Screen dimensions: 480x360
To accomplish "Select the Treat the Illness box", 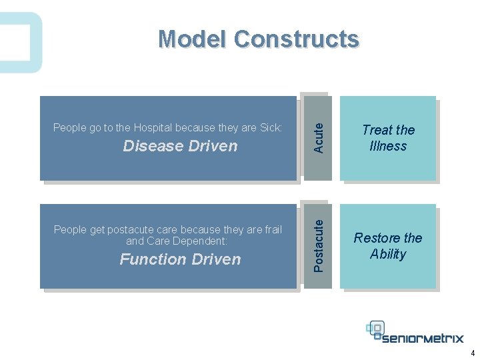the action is click(x=388, y=138).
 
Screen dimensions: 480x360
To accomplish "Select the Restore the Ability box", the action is click(x=388, y=246).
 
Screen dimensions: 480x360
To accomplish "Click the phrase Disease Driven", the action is click(x=180, y=146).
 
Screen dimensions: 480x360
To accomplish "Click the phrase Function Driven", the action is click(x=180, y=259).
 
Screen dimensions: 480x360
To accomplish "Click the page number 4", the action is click(x=472, y=353).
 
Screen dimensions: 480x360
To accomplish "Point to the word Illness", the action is click(x=388, y=146).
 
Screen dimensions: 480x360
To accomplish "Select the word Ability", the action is click(x=388, y=254).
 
